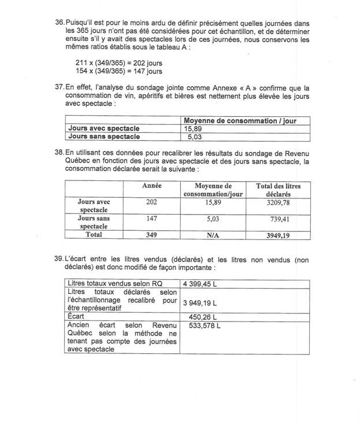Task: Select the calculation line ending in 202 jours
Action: pyautogui.click(x=119, y=62)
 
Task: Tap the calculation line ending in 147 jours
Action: pyautogui.click(x=119, y=71)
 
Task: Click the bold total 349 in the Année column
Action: pyautogui.click(x=151, y=235)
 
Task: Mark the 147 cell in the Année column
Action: pyautogui.click(x=151, y=220)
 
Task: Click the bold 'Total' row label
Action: pyautogui.click(x=93, y=235)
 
